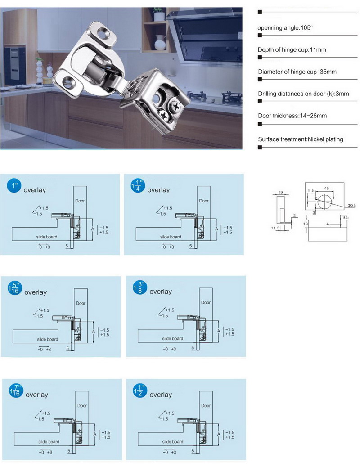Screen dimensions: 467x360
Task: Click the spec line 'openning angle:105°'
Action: pos(285,28)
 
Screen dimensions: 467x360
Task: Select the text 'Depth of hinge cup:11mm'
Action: pos(292,50)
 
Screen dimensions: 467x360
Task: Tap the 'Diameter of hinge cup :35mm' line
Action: pos(297,72)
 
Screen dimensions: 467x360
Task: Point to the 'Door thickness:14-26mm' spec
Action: pos(292,116)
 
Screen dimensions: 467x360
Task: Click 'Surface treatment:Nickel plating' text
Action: pos(300,139)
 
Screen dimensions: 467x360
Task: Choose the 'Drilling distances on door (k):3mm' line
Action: pos(303,94)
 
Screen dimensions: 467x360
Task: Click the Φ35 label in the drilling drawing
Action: pos(351,206)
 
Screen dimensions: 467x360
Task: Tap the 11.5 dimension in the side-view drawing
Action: pos(275,229)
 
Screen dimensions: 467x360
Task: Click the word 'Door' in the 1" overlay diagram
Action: pos(80,201)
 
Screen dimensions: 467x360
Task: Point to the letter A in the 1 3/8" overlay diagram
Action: pos(218,331)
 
